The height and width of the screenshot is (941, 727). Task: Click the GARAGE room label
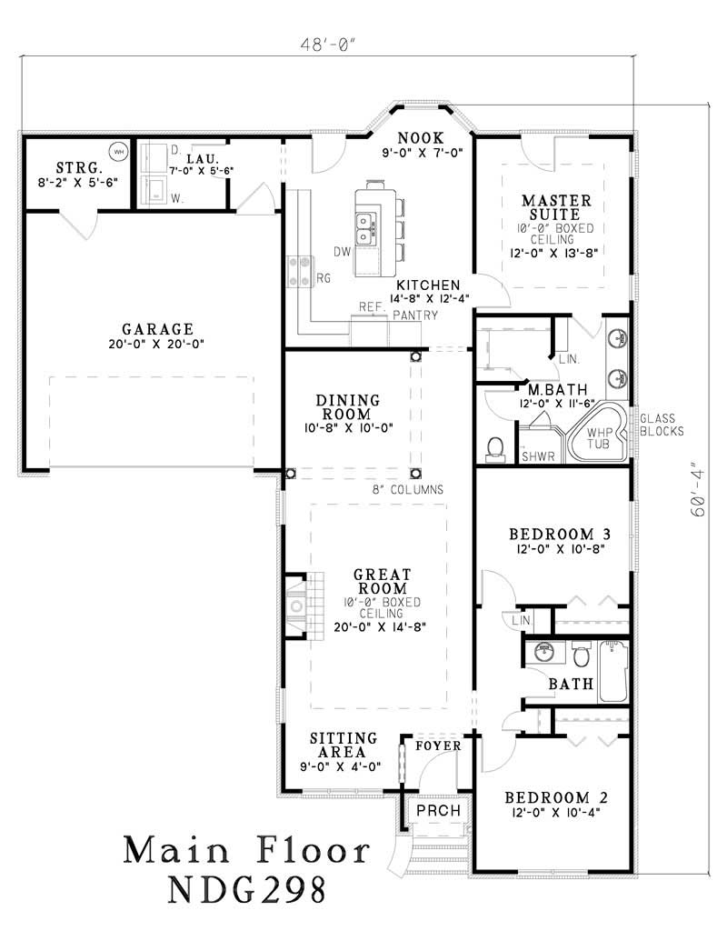[157, 329]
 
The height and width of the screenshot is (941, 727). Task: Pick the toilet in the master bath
[496, 448]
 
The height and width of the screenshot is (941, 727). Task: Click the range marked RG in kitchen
[299, 270]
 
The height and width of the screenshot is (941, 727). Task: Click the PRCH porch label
[437, 811]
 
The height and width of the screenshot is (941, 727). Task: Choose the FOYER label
[438, 746]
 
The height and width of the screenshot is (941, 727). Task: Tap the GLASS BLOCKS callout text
[661, 425]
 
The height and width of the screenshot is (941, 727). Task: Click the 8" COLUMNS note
[407, 489]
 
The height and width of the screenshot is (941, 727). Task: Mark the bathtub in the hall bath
[613, 672]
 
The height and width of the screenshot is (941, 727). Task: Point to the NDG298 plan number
[246, 890]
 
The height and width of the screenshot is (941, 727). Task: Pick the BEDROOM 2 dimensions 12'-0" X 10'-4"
[557, 813]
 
